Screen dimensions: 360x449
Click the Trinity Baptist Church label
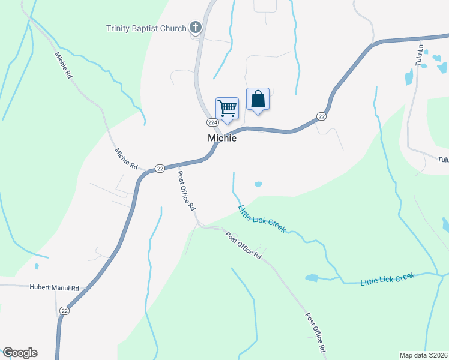146,28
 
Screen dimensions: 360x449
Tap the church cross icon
195,27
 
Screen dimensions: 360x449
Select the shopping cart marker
227,109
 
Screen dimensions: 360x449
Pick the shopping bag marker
258,100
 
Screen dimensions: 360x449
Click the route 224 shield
212,122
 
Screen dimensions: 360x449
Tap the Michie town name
222,138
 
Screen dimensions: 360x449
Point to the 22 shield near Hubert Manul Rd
65,311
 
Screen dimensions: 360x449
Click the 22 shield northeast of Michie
322,116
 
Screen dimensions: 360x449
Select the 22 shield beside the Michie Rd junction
159,169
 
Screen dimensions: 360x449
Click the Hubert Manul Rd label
55,288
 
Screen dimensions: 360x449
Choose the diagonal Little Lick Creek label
262,219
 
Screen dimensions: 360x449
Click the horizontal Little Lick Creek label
387,279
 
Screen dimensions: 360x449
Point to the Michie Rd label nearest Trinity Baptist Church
63,66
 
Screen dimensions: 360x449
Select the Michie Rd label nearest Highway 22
127,158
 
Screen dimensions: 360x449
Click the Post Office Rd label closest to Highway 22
186,190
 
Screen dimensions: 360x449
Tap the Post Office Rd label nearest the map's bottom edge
315,332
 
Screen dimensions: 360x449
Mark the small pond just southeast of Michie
258,184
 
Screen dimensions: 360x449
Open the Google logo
20,353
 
